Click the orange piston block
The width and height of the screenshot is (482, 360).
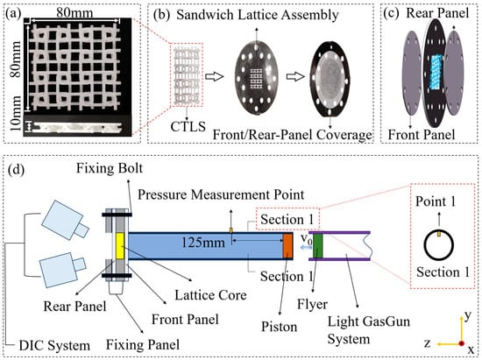pos(287,246)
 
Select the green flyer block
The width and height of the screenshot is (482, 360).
pos(317,246)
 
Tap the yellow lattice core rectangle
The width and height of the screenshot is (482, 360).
pos(119,246)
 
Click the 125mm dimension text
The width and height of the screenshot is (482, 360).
pos(203,243)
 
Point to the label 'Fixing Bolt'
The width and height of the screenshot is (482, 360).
pos(110,168)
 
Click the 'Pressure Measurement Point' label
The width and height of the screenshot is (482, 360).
pos(221,194)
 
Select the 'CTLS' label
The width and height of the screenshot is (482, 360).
pos(188,126)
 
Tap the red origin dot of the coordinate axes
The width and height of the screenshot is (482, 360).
pos(461,343)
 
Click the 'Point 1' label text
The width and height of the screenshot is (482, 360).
pos(436,201)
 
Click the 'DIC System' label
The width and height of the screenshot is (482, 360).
pos(54,346)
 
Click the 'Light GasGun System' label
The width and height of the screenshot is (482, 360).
pos(369,330)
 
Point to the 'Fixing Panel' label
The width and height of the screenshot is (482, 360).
pos(143,344)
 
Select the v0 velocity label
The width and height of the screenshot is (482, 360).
pos(307,238)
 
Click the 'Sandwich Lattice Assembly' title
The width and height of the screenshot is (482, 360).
pos(258,15)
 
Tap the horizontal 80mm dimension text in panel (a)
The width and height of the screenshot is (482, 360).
pos(74,13)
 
